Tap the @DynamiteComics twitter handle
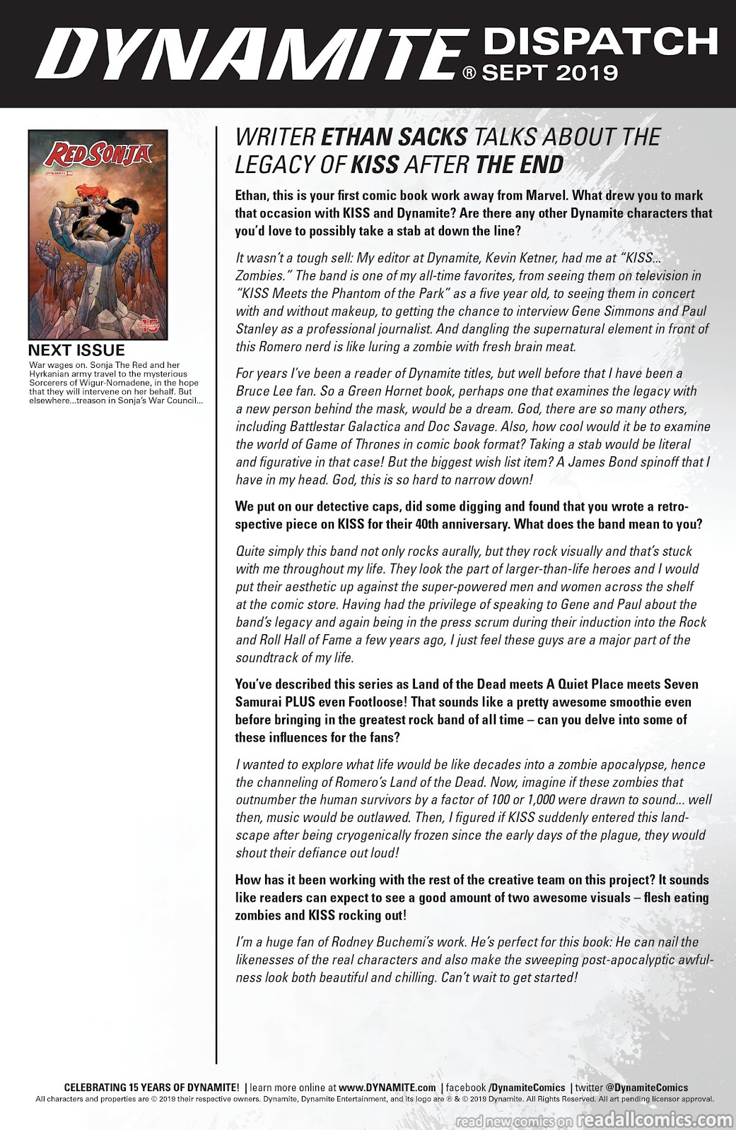click(648, 1088)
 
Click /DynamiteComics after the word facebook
click(527, 1088)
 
